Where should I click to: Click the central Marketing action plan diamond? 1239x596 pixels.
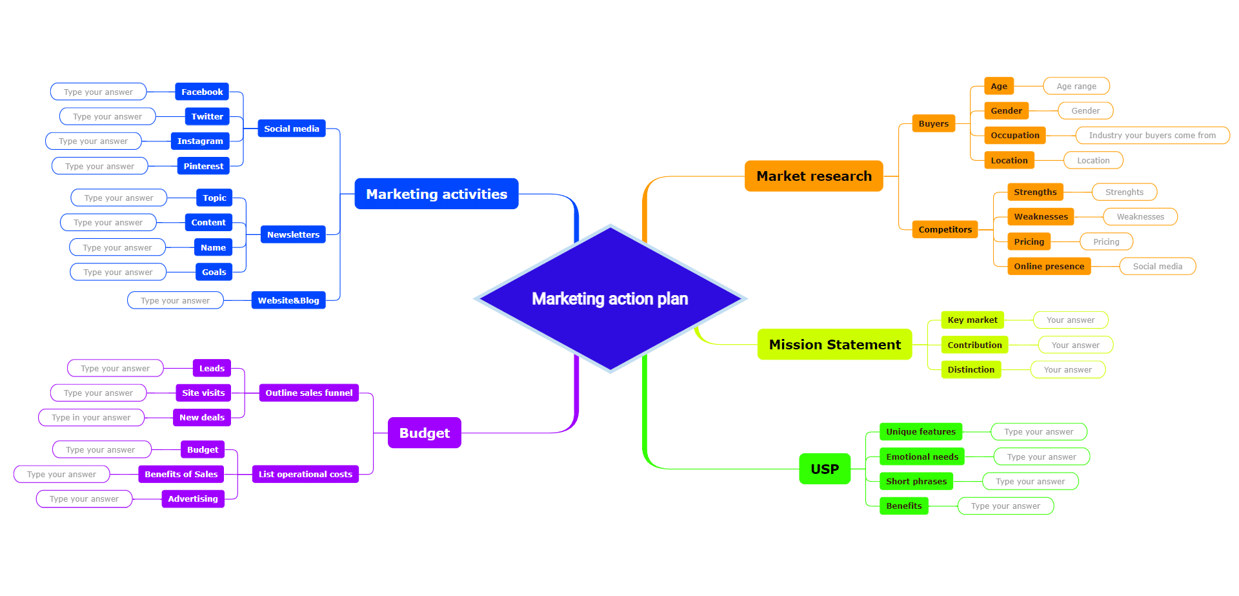click(610, 298)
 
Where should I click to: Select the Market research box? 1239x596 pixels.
click(813, 176)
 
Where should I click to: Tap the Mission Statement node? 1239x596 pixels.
click(834, 344)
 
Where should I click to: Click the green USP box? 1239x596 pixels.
click(824, 469)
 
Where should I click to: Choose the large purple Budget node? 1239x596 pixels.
click(424, 433)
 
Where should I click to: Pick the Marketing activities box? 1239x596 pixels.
click(436, 194)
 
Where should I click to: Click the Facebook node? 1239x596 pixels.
click(201, 92)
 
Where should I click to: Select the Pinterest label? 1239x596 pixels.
click(203, 166)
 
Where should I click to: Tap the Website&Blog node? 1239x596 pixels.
click(288, 300)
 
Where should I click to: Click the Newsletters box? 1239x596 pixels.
click(293, 234)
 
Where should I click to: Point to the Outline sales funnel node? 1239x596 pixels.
click(308, 393)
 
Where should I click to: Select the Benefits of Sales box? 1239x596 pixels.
click(181, 474)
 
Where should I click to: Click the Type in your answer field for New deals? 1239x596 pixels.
click(91, 417)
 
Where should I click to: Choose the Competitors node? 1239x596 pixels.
click(944, 229)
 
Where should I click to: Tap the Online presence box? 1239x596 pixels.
click(1049, 266)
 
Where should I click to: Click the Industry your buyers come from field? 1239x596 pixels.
click(1152, 135)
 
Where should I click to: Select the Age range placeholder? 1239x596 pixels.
click(1076, 86)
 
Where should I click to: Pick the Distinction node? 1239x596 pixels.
click(971, 369)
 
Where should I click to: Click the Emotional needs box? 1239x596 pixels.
click(922, 457)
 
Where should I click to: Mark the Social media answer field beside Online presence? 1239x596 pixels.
click(1157, 266)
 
